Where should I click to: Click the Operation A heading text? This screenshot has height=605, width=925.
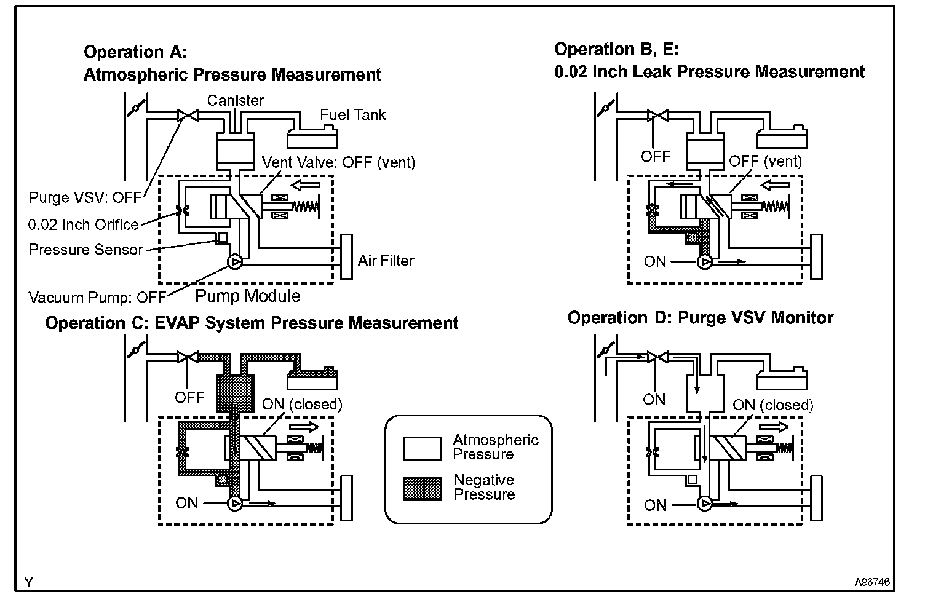pos(232,63)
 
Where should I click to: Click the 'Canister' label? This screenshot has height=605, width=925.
pos(236,100)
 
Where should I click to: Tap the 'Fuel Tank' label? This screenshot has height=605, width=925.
pos(352,115)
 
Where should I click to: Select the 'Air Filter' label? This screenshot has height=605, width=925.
pos(386,261)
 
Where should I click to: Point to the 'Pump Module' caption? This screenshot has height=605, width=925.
pos(248,296)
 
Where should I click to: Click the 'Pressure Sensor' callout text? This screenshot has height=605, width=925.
pos(85,250)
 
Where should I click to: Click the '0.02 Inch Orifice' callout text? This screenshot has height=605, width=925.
pos(84,225)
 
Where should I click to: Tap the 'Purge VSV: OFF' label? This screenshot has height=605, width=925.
pos(85,198)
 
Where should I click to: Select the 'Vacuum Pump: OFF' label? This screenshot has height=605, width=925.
pos(97,298)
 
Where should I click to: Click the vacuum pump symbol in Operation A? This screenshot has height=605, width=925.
pos(236,262)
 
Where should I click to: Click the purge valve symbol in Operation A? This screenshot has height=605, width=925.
pos(188,115)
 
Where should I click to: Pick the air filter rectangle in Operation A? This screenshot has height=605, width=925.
pos(346,256)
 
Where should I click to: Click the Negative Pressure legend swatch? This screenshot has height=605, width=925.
pos(423,489)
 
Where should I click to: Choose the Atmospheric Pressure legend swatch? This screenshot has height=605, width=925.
pos(423,449)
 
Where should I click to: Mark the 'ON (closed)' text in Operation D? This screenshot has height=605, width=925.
pos(773,405)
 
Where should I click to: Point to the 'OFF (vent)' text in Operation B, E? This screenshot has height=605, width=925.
pos(765,161)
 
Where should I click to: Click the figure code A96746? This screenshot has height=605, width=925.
pos(872,582)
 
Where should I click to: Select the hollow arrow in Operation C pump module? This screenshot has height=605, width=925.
pos(304,427)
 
